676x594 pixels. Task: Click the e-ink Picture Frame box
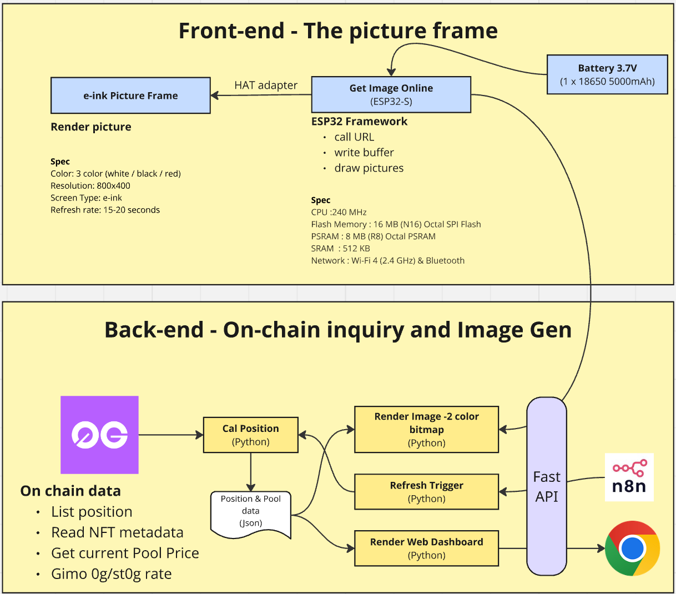point(130,95)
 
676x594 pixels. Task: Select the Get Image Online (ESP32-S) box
point(391,95)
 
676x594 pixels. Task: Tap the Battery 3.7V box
point(607,74)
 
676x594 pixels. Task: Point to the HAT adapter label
point(266,85)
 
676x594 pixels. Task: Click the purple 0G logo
point(99,435)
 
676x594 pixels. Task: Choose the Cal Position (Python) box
point(251,435)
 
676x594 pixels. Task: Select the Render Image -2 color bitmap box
point(426,429)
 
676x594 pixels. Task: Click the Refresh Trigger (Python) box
point(426,492)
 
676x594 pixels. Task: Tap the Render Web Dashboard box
point(426,548)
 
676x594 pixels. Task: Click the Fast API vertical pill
point(547,486)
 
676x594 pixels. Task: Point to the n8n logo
point(629,477)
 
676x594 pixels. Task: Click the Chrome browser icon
point(632,548)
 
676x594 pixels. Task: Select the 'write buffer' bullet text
point(364,153)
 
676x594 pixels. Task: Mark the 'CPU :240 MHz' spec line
point(339,212)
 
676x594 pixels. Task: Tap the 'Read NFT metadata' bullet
point(117,532)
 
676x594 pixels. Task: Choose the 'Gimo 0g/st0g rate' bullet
point(111,574)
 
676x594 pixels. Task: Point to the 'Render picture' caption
point(91,127)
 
